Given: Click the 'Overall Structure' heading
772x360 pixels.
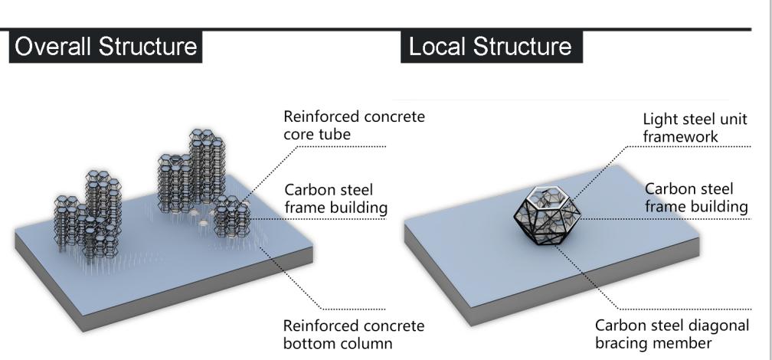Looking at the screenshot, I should point(106,47).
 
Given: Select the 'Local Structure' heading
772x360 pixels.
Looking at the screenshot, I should point(490,47).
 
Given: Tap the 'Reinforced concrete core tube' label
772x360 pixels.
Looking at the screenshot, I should point(353,126).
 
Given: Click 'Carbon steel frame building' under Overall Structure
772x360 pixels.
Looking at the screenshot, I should point(335,198).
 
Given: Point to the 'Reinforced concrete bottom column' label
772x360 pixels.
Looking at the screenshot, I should point(353,334).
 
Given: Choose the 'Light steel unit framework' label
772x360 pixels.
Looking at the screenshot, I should point(695,127).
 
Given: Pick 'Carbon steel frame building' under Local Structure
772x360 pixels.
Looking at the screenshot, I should point(695,198).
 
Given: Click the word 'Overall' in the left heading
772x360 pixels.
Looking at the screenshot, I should point(57,47).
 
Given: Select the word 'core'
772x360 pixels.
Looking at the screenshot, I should point(299,135).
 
